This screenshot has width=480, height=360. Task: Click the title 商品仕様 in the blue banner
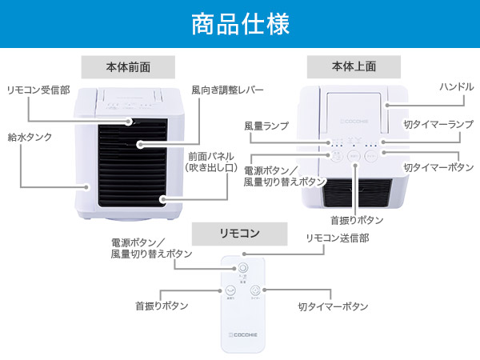click(240, 24)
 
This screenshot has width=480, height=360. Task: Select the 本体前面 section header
click(128, 67)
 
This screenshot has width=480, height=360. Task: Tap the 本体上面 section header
click(354, 67)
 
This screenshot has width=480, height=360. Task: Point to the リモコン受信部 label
click(38, 90)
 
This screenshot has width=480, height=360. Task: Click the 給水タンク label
click(30, 138)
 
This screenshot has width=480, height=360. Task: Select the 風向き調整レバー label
click(227, 90)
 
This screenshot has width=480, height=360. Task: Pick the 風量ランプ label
click(266, 126)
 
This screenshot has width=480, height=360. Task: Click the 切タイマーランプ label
click(438, 126)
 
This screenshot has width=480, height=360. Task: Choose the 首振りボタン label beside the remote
click(162, 306)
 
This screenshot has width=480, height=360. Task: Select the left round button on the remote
click(230, 291)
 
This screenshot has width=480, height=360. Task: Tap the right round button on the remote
click(254, 291)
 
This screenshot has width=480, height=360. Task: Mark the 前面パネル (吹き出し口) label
click(209, 162)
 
